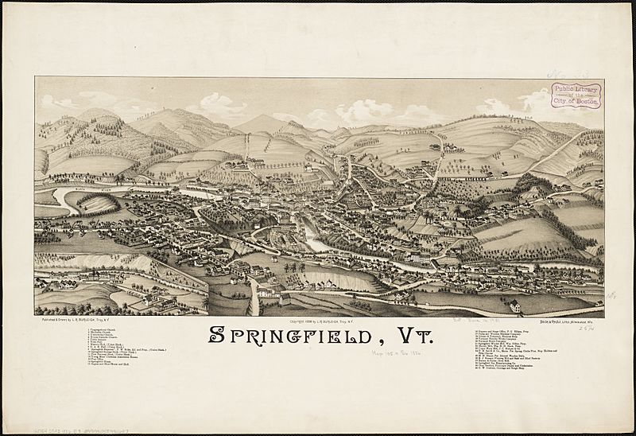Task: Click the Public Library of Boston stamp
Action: coord(576,95)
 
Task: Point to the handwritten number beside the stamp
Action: coord(563,75)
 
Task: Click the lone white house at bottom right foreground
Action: coord(515,306)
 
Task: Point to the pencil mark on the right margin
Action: coord(611,294)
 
